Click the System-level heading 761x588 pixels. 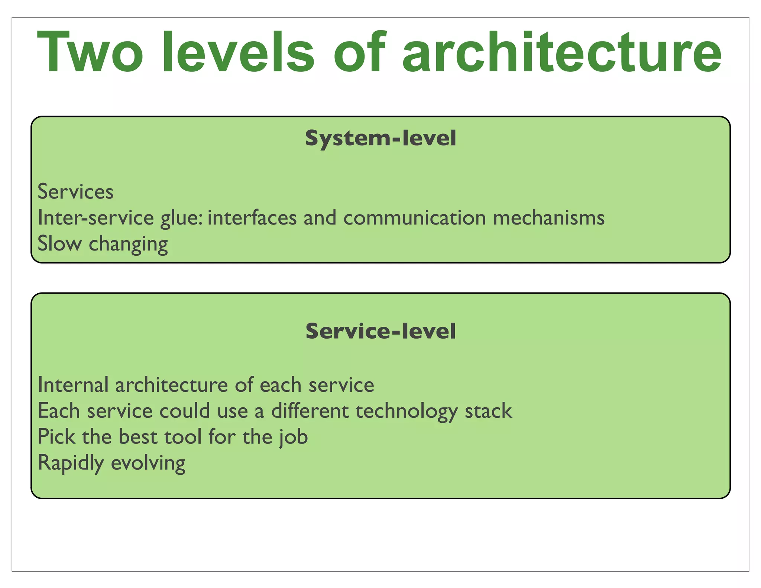coord(380,138)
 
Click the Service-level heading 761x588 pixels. coord(380,331)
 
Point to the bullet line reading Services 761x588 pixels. coord(75,192)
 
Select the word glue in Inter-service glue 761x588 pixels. coord(182,219)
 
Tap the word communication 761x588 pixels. coord(414,218)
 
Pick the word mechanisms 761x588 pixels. coord(549,218)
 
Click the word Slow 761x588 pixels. coord(59,244)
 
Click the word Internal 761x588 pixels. coord(73,385)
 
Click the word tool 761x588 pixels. coord(183,437)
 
